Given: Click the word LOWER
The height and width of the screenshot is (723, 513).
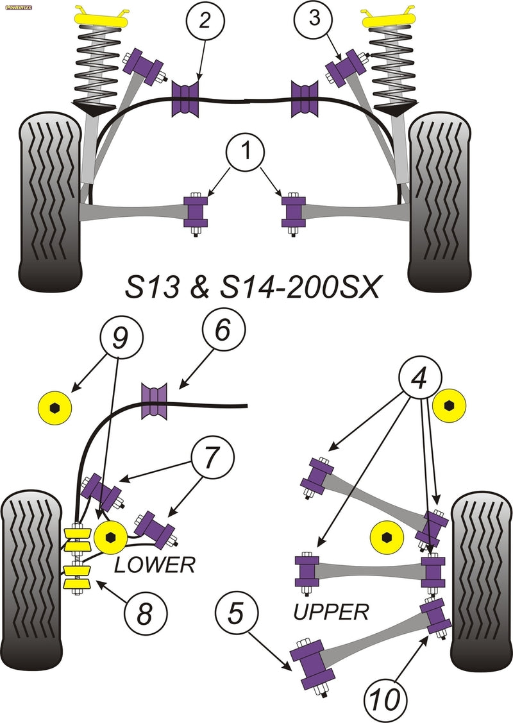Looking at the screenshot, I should [153, 565].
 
